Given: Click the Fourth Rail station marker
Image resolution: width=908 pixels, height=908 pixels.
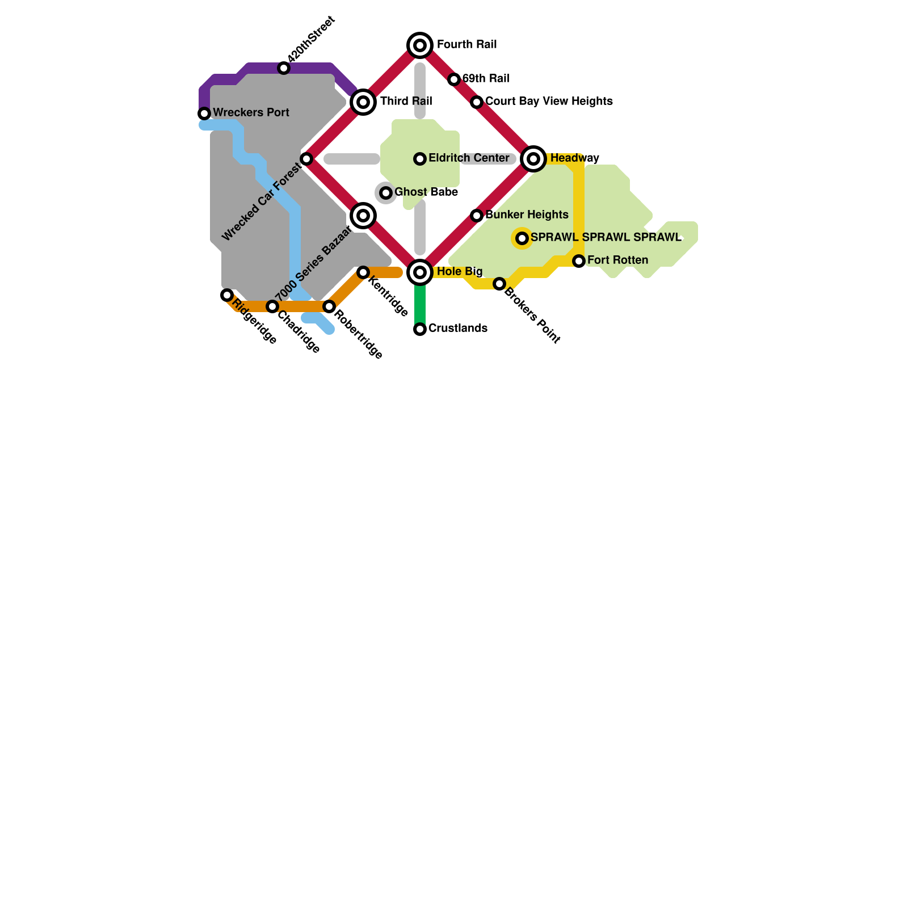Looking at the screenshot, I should pyautogui.click(x=420, y=45).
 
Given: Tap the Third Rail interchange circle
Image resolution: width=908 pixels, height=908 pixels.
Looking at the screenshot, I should pyautogui.click(x=363, y=102).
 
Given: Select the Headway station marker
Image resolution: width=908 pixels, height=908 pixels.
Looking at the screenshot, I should pyautogui.click(x=533, y=159).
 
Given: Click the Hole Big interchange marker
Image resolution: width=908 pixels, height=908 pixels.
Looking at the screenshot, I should pyautogui.click(x=420, y=272).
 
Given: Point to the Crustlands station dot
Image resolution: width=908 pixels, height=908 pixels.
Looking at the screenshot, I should pyautogui.click(x=420, y=329).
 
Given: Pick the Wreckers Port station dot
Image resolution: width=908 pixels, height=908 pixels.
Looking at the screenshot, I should pyautogui.click(x=204, y=113).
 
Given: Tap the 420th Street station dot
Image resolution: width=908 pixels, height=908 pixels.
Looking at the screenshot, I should pyautogui.click(x=284, y=68).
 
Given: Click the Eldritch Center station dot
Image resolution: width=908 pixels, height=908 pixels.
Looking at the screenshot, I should pyautogui.click(x=420, y=159).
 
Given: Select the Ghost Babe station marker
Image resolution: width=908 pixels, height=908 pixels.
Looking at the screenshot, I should pyautogui.click(x=386, y=193).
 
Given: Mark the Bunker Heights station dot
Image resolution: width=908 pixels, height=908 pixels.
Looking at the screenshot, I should pyautogui.click(x=477, y=216).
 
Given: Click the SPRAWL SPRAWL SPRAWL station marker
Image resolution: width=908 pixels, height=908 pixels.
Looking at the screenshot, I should pyautogui.click(x=522, y=238).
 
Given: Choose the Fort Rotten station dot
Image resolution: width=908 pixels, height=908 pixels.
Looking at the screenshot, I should pyautogui.click(x=579, y=261).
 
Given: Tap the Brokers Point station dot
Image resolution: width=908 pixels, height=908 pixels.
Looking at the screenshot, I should pyautogui.click(x=499, y=284).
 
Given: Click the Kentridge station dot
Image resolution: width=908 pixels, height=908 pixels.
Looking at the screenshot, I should pyautogui.click(x=363, y=272).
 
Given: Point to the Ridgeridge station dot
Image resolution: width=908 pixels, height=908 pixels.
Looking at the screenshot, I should pyautogui.click(x=227, y=295).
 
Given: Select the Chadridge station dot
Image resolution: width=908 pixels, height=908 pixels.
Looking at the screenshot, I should pyautogui.click(x=272, y=306).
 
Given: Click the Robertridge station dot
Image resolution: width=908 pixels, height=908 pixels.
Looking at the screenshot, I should pyautogui.click(x=329, y=306).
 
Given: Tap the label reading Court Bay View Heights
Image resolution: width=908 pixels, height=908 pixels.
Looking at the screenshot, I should pyautogui.click(x=549, y=101).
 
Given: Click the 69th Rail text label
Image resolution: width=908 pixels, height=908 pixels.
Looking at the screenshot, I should pyautogui.click(x=486, y=78).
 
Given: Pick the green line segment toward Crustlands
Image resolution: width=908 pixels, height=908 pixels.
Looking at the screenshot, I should pyautogui.click(x=420, y=304).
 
